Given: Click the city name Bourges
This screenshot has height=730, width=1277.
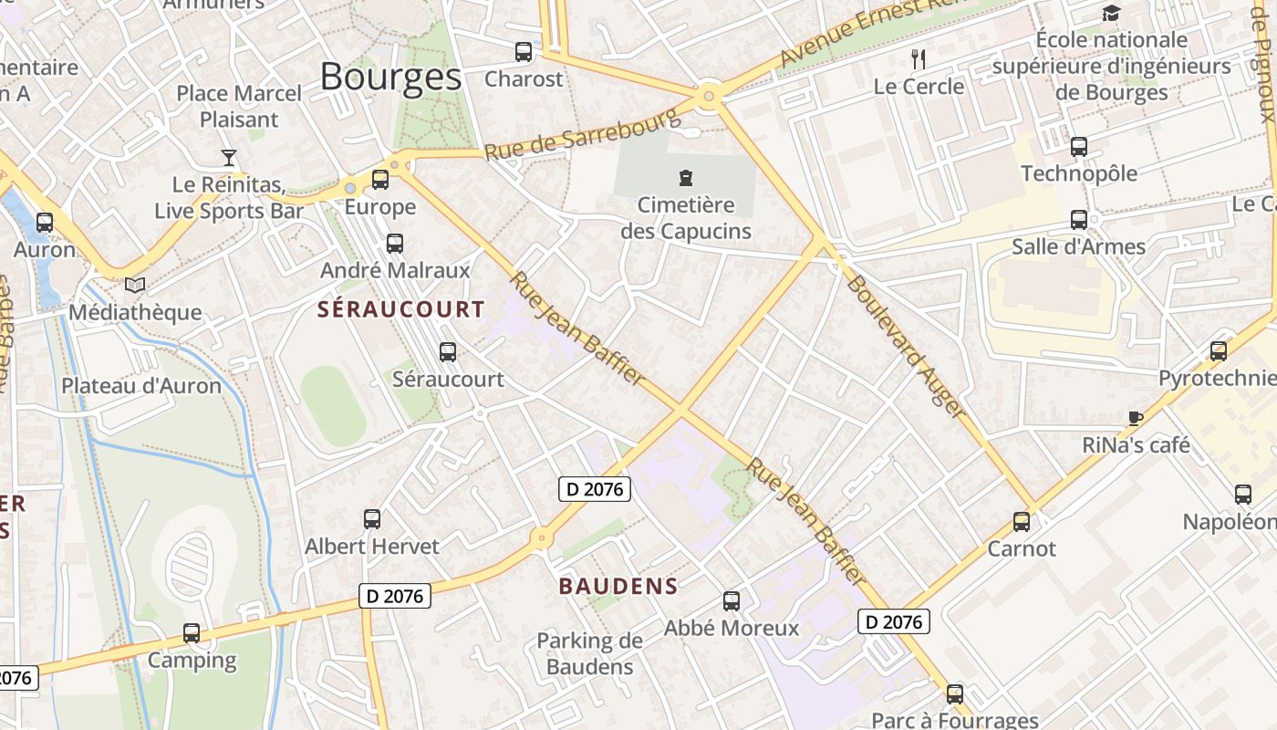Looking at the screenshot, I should [390, 77].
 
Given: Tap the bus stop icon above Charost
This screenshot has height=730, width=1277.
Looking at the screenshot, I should [524, 52].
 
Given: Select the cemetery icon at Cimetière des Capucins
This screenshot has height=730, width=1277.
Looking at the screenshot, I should [686, 177].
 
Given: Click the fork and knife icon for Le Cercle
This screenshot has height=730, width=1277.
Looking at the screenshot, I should [919, 60].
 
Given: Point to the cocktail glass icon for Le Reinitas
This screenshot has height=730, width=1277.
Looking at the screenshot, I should [228, 158].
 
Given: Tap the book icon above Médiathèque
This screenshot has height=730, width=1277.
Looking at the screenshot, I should [135, 286].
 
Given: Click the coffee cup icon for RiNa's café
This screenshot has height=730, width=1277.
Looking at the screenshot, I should [1135, 418].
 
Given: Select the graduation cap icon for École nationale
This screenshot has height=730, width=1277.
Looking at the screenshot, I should [1111, 14].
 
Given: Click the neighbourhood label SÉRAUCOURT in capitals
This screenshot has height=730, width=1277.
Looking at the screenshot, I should [400, 309].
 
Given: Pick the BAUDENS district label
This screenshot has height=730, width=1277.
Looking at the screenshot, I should [618, 587].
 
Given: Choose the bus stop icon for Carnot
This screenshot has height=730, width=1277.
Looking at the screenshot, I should [1022, 522].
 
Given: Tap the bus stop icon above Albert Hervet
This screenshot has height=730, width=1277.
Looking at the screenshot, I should [372, 519].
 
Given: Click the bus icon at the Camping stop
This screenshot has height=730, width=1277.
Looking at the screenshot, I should [192, 632].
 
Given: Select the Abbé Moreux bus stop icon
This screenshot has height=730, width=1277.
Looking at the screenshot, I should [732, 601].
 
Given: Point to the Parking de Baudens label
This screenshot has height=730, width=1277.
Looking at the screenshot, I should [589, 653].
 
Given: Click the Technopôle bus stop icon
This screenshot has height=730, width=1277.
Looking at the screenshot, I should [1079, 147].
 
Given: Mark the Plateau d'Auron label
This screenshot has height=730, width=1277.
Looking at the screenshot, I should [141, 386].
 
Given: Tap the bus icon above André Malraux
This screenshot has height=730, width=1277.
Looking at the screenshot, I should [395, 244].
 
